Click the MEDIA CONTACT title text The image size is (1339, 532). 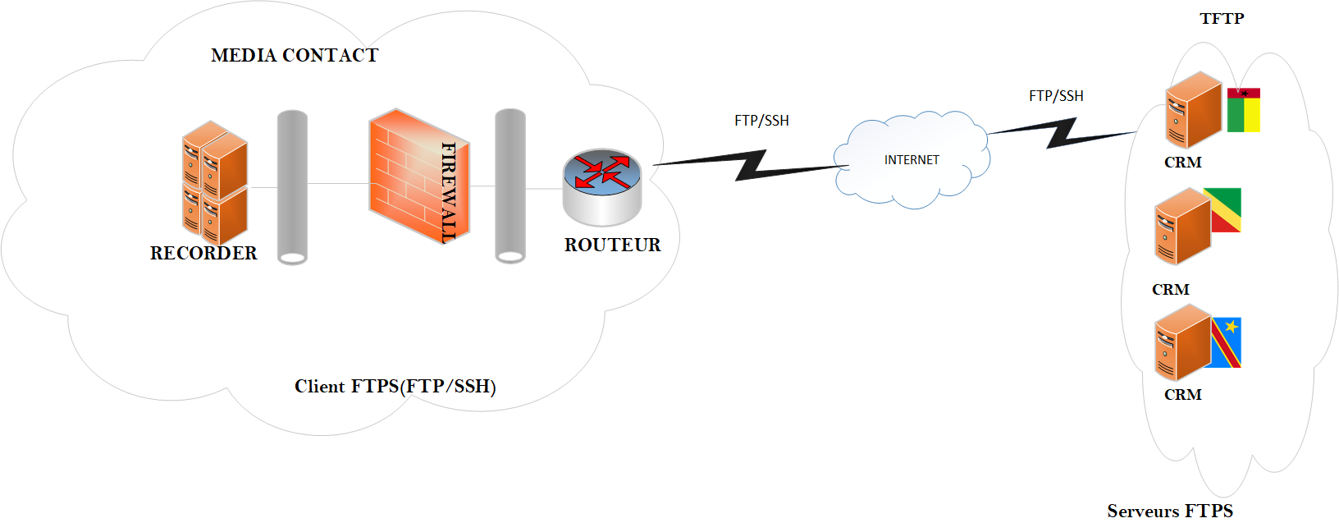pos(295,55)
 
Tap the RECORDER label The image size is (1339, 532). pos(203,253)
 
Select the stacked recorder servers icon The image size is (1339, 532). pos(215,182)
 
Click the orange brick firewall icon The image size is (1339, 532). pos(418,176)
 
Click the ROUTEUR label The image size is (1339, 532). pos(612,245)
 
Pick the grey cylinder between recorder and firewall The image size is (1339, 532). pos(292,187)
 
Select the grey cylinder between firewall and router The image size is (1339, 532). pos(510,186)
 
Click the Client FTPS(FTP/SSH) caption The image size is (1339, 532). pos(395,386)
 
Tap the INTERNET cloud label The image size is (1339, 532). pos(912,160)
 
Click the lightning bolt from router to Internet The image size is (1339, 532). pos(751,165)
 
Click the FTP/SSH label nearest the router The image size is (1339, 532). pos(761,121)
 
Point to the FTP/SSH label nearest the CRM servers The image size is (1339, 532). pos(1056,96)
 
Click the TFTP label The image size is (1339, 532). pos(1222,19)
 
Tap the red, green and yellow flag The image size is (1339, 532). pos(1243,111)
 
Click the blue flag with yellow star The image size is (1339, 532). pos(1226,342)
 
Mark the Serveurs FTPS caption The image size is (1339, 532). pos(1170,511)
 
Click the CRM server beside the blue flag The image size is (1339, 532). pos(1182,342)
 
